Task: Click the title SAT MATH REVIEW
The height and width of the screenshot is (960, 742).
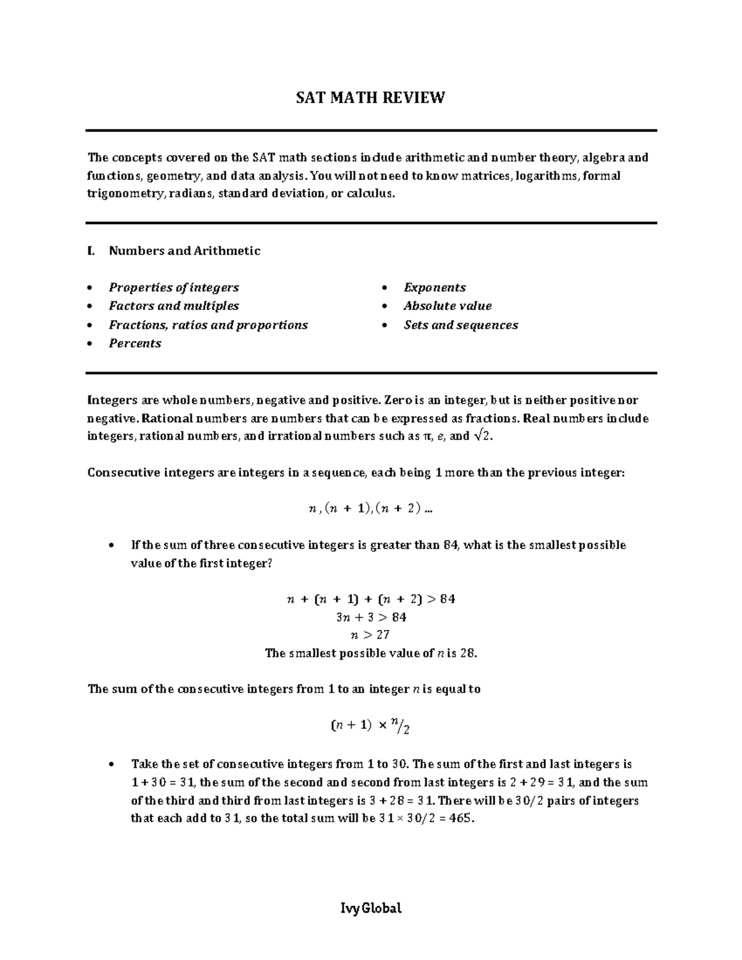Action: (x=370, y=98)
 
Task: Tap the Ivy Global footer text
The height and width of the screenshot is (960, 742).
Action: (x=371, y=909)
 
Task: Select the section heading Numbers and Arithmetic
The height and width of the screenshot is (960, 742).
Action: (x=184, y=251)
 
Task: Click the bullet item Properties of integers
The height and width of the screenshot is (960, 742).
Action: (x=174, y=287)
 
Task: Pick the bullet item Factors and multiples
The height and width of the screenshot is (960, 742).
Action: (x=174, y=306)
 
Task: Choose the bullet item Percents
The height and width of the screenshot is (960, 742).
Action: (x=135, y=344)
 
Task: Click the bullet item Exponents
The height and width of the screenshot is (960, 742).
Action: (x=435, y=287)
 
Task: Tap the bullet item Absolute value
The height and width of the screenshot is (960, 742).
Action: (x=448, y=306)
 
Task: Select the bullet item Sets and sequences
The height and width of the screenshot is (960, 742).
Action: (x=461, y=325)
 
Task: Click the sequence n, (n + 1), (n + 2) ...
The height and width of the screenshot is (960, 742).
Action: (x=370, y=509)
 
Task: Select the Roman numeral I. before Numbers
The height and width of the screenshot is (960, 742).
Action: (x=92, y=251)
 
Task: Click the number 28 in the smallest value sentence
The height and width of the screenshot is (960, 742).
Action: (x=468, y=653)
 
